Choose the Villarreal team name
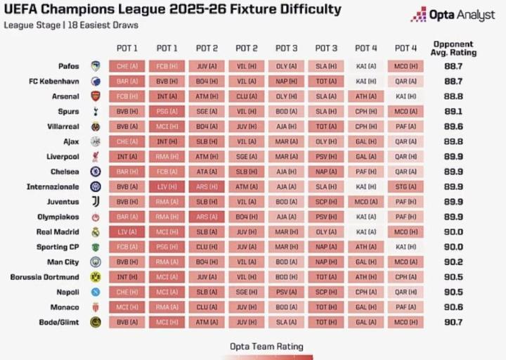pos(62,127)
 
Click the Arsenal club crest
pos(96,96)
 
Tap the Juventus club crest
pos(96,202)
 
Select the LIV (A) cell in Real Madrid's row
pos(127,231)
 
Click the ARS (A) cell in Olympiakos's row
pos(207,217)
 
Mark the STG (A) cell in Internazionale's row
pos(406,186)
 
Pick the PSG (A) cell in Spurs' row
pos(167,111)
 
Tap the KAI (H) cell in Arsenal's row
pos(406,96)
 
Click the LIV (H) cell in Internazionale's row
pos(167,186)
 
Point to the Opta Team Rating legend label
pos(266,346)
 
